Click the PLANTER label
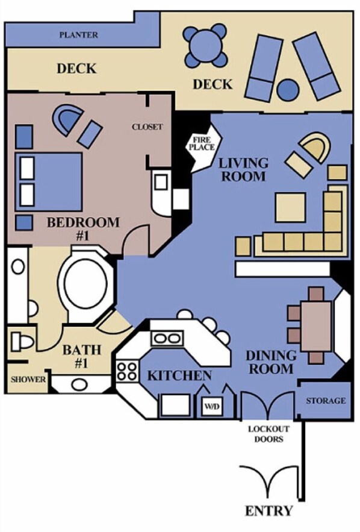coord(79,34)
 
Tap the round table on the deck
coord(205,45)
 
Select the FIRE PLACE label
coord(202,143)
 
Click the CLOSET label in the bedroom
coord(147,127)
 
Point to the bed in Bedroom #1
coord(49,181)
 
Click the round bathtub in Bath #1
coord(86,284)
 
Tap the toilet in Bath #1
coord(22,342)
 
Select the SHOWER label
coord(28,380)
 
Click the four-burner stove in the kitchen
coord(128,371)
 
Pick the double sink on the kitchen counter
coord(167,338)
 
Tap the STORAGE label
coord(326,401)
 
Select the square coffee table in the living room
coord(290,208)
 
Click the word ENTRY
coord(269,511)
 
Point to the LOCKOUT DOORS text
coord(268,434)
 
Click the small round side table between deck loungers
coord(288,90)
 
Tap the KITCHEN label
coord(179,375)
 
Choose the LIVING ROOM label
coord(243,169)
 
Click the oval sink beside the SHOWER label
coord(79,384)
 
